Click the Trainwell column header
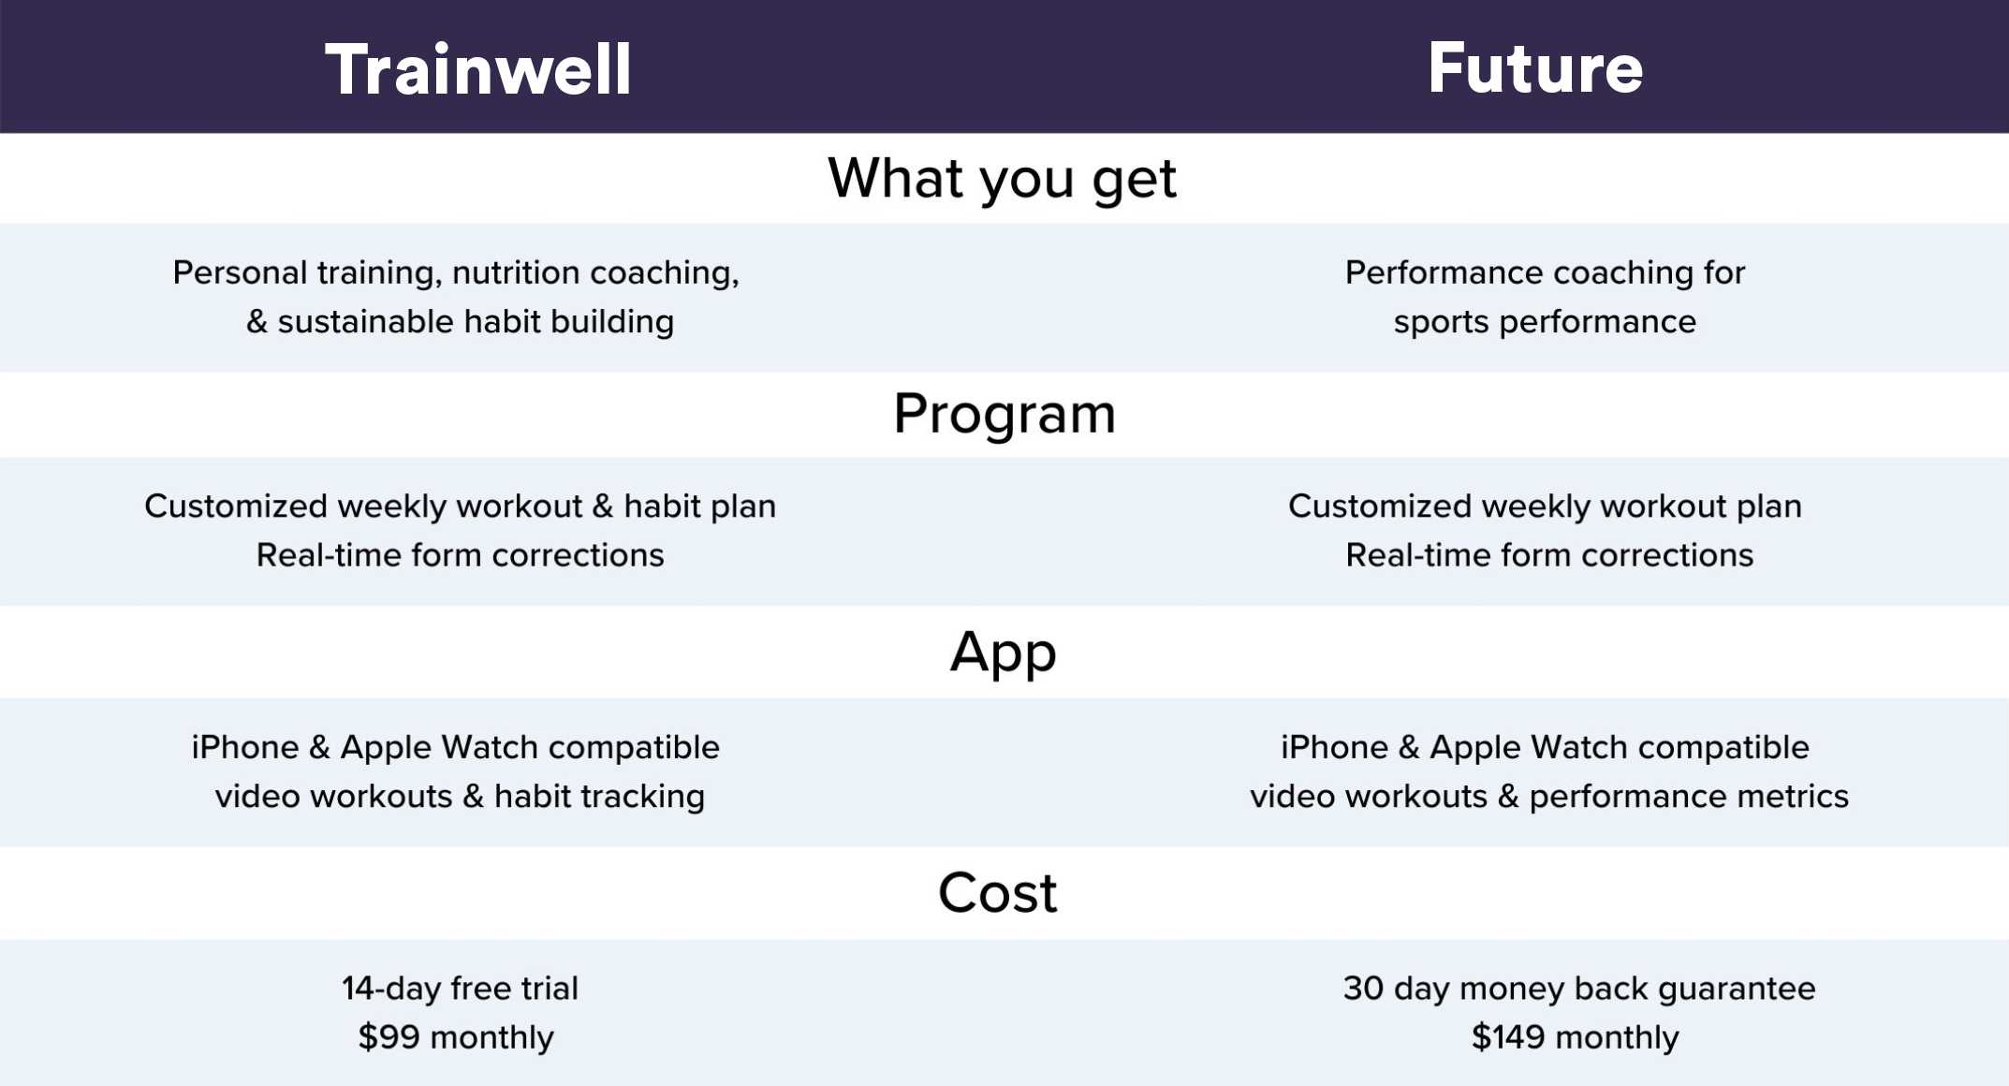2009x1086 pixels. pos(478,69)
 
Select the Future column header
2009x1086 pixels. pos(1535,68)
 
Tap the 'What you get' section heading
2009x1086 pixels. pos(1002,178)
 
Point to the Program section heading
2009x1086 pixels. pos(1004,414)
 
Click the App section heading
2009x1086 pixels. pos(1004,653)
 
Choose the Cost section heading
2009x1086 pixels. pos(998,892)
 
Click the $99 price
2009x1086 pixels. pos(389,1037)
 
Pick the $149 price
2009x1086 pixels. pos(1508,1037)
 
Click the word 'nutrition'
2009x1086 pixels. pos(516,272)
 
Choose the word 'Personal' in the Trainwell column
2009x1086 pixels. pos(241,272)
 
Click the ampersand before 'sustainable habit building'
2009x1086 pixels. pos(257,321)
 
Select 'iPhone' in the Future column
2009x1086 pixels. pos(1334,747)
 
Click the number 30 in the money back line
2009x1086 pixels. pos(1363,989)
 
